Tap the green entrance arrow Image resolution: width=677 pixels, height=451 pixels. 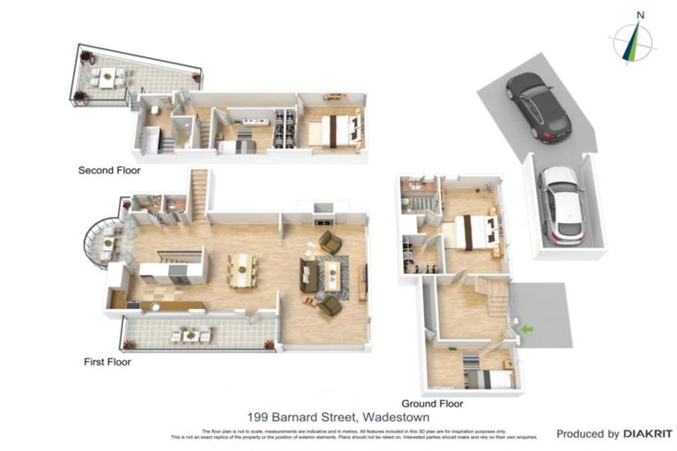click(526, 329)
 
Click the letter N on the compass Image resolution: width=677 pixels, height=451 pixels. click(641, 15)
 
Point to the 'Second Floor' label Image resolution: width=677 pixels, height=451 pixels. click(109, 170)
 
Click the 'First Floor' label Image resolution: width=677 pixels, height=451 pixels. click(107, 361)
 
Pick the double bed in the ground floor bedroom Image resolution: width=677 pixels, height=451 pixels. click(476, 233)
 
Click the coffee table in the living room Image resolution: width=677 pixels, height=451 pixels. click(332, 273)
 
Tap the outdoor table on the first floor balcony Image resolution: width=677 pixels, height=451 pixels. click(192, 335)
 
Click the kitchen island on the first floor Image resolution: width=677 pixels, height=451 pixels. click(173, 266)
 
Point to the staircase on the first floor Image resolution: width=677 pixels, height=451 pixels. click(199, 194)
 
